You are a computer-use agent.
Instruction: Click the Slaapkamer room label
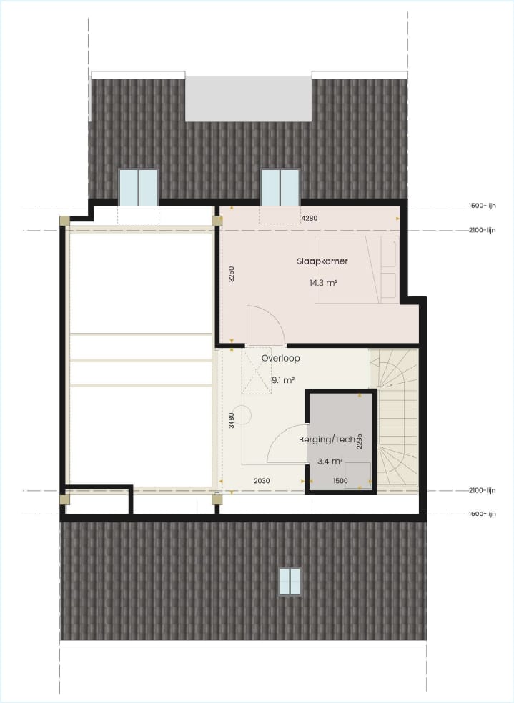[322, 261]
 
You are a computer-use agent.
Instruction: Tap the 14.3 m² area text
[323, 283]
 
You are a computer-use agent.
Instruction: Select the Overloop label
[280, 359]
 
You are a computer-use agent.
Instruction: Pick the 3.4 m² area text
[330, 461]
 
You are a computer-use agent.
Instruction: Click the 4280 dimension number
[310, 217]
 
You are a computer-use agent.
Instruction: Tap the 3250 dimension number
[231, 276]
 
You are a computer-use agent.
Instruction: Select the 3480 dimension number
[231, 420]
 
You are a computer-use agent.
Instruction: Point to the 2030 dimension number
[262, 481]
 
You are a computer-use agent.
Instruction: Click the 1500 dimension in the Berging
[340, 481]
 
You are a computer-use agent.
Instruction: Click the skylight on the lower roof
[290, 581]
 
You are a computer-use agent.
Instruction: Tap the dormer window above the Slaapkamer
[280, 187]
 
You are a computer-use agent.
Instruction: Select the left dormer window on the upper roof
[137, 187]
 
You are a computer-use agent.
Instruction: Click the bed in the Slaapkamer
[355, 270]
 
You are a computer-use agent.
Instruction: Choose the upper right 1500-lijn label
[481, 205]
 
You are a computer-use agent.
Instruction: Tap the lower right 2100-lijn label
[481, 490]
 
